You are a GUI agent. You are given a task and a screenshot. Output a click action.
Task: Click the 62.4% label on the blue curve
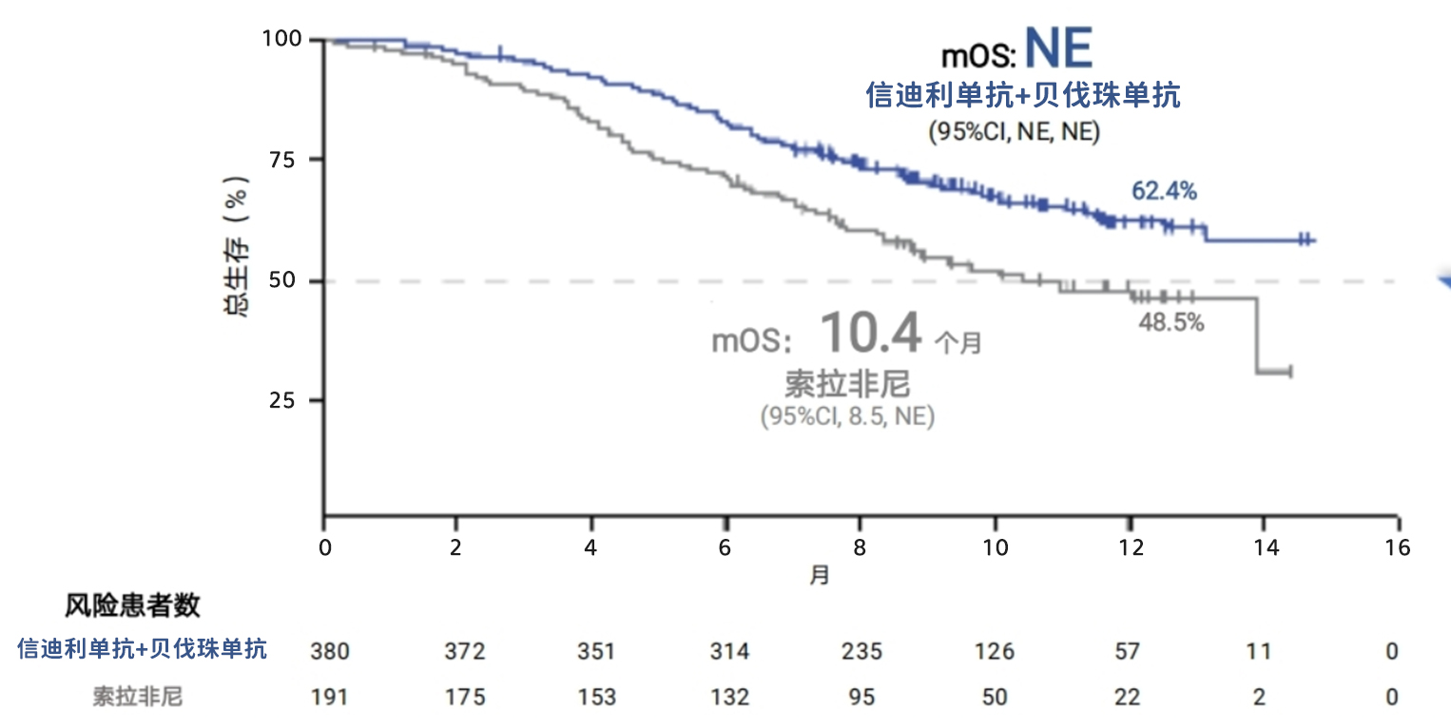click(1164, 192)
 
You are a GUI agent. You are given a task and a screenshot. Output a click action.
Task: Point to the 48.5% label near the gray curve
click(1171, 323)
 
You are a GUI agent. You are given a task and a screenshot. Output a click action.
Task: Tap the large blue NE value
click(1059, 48)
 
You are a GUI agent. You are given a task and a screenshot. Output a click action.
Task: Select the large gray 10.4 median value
click(871, 334)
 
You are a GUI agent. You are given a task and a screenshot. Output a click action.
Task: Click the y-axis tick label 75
click(284, 160)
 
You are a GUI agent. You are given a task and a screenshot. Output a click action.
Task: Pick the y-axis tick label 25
click(284, 400)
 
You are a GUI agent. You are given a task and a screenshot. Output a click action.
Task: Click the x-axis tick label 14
click(1264, 548)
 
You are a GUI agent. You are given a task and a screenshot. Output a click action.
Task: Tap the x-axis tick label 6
click(725, 548)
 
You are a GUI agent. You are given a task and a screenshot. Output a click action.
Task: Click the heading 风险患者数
click(133, 605)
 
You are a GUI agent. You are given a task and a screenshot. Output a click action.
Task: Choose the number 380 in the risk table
click(330, 652)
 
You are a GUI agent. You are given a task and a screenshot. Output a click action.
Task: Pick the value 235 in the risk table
click(862, 652)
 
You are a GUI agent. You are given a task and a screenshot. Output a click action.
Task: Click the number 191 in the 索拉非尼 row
click(330, 697)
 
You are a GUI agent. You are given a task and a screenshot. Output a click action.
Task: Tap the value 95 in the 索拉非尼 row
click(862, 697)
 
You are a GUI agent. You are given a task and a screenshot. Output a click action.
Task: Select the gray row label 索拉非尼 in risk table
click(137, 697)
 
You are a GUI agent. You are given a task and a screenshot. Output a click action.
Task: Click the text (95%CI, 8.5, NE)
click(847, 416)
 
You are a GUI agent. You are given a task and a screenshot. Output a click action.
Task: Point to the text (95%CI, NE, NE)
click(1014, 132)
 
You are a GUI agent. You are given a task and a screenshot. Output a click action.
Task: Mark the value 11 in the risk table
click(1258, 652)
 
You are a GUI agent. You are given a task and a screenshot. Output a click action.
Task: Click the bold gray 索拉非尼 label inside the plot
click(847, 384)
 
